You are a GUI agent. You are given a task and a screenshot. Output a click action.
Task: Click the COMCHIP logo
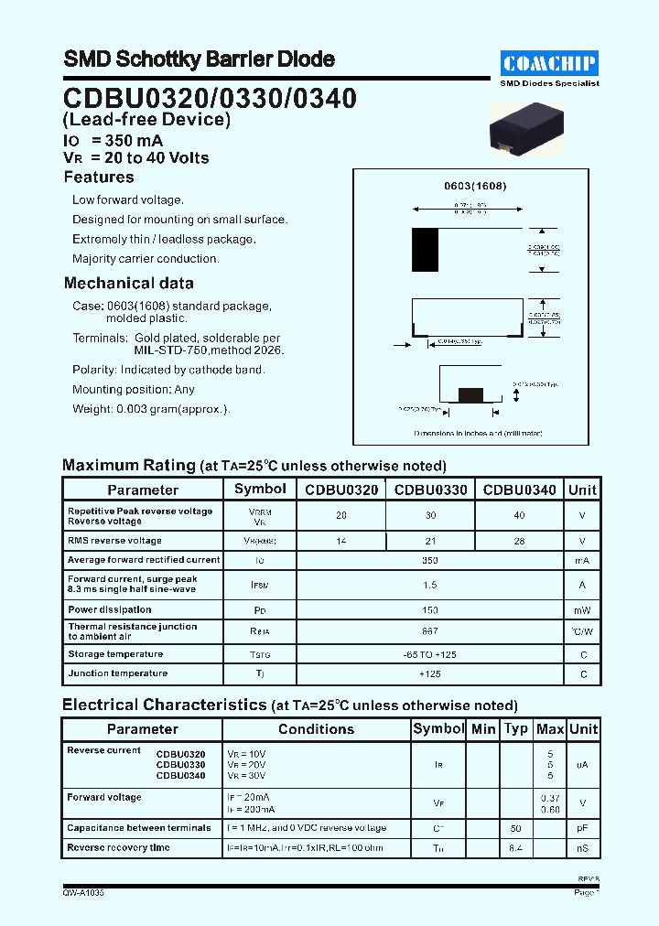550,62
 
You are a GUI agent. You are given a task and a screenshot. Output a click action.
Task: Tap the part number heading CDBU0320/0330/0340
210,98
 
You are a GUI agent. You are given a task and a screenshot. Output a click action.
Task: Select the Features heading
99,178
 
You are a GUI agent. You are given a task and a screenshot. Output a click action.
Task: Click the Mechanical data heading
129,284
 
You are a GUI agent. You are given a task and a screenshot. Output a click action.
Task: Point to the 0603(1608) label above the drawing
475,186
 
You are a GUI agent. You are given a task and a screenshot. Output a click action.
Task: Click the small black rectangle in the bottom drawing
470,395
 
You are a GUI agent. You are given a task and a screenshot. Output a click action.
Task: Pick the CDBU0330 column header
430,490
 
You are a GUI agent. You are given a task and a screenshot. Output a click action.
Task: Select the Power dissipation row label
109,609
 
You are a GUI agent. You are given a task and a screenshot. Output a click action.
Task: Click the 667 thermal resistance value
430,631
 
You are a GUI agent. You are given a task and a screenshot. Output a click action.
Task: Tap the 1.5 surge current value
430,585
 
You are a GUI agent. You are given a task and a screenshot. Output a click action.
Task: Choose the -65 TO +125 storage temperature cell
430,654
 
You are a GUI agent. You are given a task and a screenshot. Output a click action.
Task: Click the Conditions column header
316,729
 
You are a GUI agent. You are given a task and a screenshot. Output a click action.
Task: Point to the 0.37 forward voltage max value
550,797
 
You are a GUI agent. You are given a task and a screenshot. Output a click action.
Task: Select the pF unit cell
583,828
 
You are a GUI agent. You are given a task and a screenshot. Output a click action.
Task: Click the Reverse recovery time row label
118,848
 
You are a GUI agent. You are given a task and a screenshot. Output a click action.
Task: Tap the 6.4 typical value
516,848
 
